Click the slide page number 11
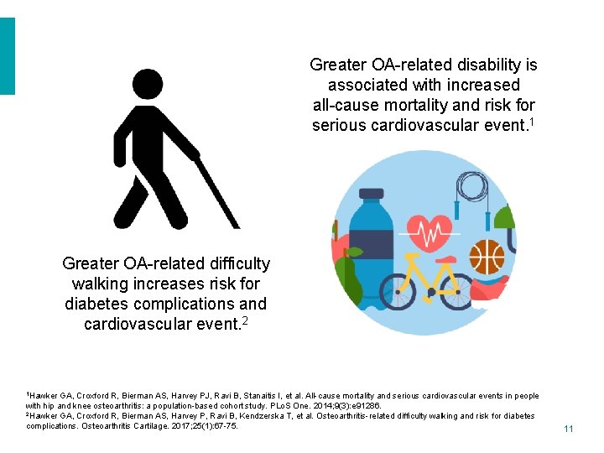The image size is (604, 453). tap(568, 429)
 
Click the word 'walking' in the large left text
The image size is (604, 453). tap(102, 284)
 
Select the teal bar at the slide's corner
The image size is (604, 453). tap(8, 56)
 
